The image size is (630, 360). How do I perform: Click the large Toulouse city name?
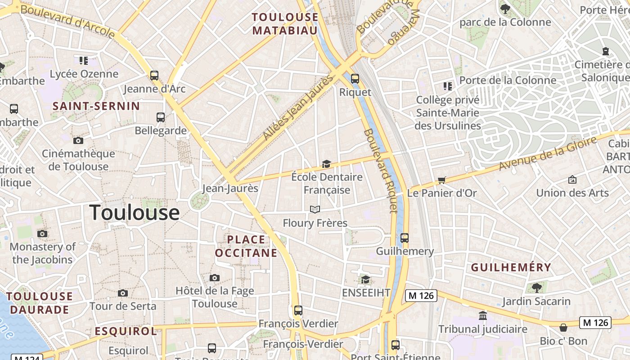135,212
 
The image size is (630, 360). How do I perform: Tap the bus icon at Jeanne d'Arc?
154,75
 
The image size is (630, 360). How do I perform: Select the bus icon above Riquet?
355,79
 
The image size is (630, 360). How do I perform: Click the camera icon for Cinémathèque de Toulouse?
78,140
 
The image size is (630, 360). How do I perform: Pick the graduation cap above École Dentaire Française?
326,164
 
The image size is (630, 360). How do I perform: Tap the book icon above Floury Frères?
315,209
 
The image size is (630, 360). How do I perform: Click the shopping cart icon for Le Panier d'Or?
442,180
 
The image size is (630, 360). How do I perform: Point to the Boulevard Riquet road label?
381,171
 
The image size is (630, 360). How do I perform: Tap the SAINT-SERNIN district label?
96,106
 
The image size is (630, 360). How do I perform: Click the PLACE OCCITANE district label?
246,246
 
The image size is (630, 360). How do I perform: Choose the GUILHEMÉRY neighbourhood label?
511,267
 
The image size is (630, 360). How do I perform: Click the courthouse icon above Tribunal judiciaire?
483,315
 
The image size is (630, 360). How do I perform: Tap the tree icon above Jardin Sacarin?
536,288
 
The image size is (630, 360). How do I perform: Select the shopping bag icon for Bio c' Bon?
563,327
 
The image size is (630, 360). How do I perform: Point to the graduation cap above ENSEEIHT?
365,279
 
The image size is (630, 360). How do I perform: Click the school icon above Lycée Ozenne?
84,60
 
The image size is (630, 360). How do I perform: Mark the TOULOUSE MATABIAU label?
285,24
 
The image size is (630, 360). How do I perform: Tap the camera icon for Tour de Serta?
122,293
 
